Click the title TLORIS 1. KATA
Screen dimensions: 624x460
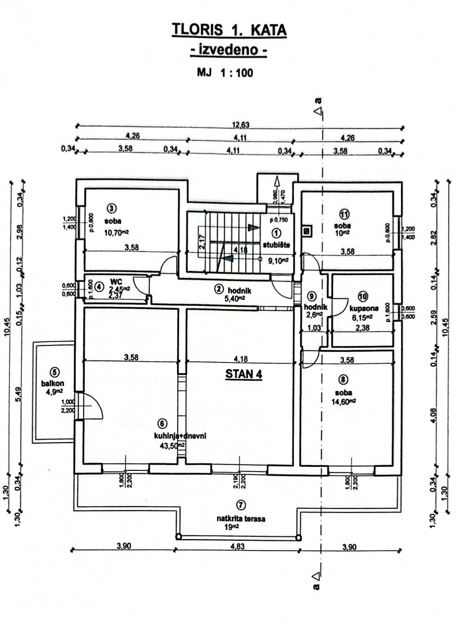pyautogui.click(x=230, y=30)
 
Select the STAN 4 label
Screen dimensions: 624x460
pyautogui.click(x=243, y=374)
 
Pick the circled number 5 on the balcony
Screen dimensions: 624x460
pyautogui.click(x=55, y=372)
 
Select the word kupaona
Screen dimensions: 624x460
pyautogui.click(x=361, y=308)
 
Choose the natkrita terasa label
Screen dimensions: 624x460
pyautogui.click(x=241, y=519)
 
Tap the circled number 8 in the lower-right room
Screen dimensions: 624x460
pyautogui.click(x=344, y=380)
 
